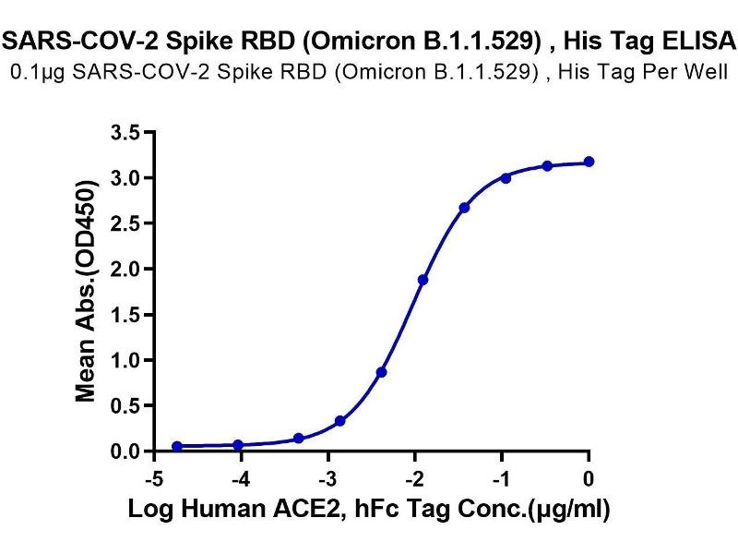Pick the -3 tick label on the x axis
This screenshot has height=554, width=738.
(326, 479)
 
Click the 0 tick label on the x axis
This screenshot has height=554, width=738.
(589, 479)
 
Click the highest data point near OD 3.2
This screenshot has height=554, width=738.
(589, 162)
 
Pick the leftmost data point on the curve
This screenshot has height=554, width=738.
(177, 446)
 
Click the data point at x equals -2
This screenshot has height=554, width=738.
(423, 280)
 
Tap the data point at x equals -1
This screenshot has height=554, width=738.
(506, 177)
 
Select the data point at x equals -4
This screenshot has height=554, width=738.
(238, 445)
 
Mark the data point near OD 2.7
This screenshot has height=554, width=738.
(464, 208)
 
